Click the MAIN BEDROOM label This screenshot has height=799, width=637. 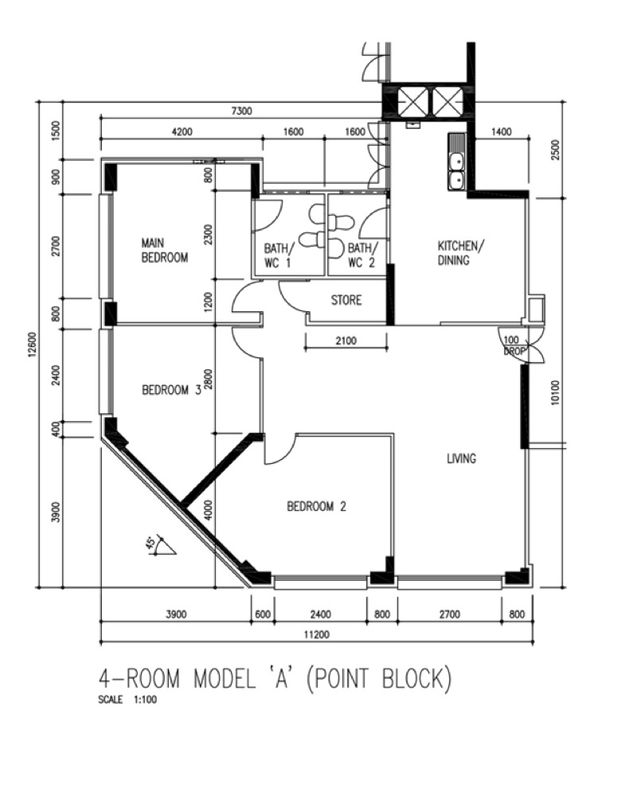[164, 250]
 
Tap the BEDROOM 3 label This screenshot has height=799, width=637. [172, 390]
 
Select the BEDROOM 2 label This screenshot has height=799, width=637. [316, 506]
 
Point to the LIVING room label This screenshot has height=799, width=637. [462, 458]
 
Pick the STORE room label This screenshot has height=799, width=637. [346, 300]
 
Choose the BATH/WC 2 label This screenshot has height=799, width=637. [363, 255]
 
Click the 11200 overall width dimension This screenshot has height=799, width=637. [317, 634]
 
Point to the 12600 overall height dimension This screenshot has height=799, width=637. [32, 345]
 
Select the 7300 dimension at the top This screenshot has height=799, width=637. [241, 111]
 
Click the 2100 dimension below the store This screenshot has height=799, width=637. [346, 341]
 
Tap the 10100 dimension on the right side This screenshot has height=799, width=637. [556, 392]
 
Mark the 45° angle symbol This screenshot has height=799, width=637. [159, 545]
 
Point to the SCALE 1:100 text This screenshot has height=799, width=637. [127, 700]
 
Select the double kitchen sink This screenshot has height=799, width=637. [456, 172]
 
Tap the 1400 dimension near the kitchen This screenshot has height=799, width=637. [501, 132]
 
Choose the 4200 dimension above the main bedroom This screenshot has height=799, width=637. [182, 132]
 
